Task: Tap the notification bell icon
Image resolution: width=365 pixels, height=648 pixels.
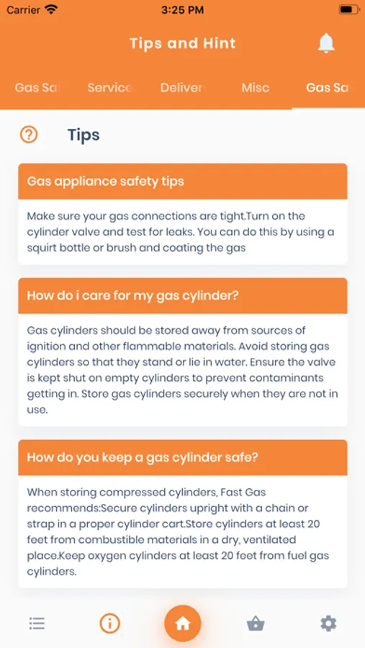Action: coord(325,43)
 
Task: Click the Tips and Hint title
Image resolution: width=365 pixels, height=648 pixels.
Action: coord(183,43)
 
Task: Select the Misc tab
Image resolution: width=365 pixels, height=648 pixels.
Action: coord(256,88)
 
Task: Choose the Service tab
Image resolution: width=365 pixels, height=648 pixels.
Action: coord(110,88)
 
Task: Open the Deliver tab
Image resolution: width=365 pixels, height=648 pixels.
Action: coord(182,88)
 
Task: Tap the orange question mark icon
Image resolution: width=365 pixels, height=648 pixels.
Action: coord(29,135)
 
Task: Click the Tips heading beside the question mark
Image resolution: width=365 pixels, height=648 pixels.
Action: coord(84,135)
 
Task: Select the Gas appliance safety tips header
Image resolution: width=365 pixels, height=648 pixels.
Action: coord(183,181)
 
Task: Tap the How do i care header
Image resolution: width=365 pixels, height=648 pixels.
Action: coord(183,295)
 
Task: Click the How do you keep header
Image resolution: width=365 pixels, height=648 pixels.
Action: coord(183,457)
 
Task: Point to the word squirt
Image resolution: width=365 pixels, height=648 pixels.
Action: coord(40,248)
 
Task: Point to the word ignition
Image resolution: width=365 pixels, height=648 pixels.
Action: coord(44,346)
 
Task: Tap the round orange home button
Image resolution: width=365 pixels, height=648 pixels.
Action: coord(183,624)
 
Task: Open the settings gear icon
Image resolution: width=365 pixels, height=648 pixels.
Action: coord(328,624)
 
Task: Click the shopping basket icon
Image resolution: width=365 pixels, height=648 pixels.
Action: coord(256,624)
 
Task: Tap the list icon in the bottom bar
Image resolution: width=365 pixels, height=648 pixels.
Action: coord(37,624)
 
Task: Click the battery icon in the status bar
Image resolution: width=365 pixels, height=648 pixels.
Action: coord(348,10)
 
